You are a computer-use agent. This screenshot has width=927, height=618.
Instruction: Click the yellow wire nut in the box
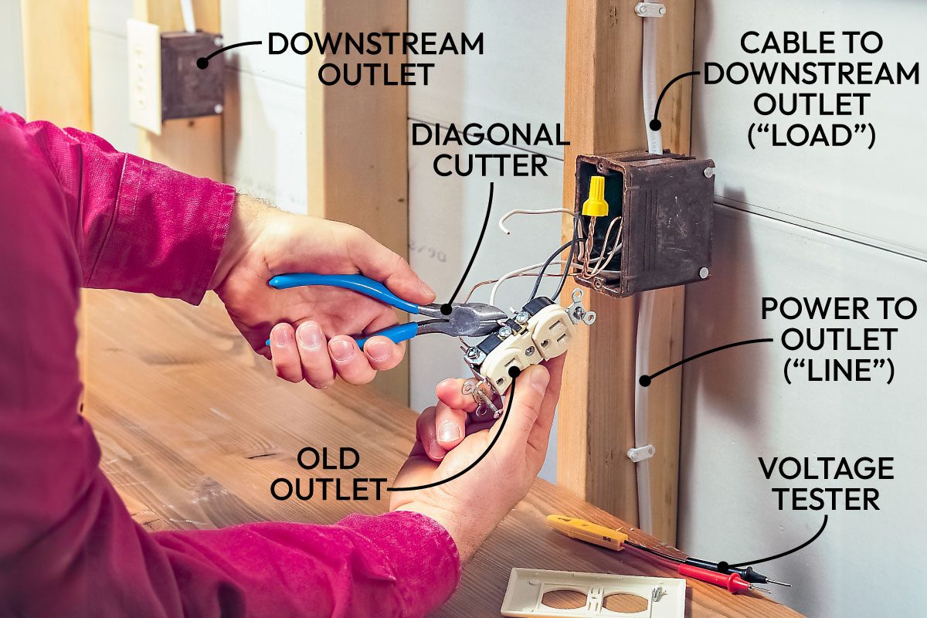[594, 195]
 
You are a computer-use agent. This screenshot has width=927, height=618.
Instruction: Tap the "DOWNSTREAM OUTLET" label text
[375, 59]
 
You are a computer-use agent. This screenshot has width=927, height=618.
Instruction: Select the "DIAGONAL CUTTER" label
[490, 150]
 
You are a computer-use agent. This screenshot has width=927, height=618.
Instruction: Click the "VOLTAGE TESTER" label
[826, 484]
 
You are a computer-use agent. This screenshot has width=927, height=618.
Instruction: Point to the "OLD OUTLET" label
[328, 473]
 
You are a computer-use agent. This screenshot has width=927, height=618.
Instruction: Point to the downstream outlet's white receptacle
[144, 76]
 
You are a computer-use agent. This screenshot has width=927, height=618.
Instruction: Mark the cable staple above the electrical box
[650, 10]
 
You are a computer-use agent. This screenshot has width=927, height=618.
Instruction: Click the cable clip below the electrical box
[640, 453]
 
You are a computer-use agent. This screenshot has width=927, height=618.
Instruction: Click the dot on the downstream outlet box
[202, 63]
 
